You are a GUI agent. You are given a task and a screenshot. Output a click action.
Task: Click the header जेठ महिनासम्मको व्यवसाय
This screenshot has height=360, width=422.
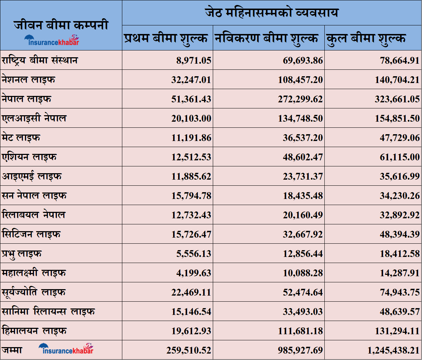[x=271, y=13]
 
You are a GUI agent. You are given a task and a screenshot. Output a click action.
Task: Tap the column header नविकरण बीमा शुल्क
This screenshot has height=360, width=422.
[x=266, y=38]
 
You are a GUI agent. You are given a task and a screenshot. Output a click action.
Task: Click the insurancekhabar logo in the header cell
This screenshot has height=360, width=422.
[x=52, y=40]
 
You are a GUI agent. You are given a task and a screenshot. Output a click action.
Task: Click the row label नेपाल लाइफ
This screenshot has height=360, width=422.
[x=26, y=99]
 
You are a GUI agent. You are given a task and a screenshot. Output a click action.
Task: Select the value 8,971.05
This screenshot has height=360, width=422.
[x=193, y=60]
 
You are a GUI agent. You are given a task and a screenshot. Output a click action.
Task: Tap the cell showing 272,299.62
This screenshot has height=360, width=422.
[x=300, y=99]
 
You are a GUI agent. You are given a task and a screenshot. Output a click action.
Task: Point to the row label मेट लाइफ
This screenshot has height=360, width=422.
[x=21, y=137]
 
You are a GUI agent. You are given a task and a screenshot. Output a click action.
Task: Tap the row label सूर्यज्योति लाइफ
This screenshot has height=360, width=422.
[x=34, y=292]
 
